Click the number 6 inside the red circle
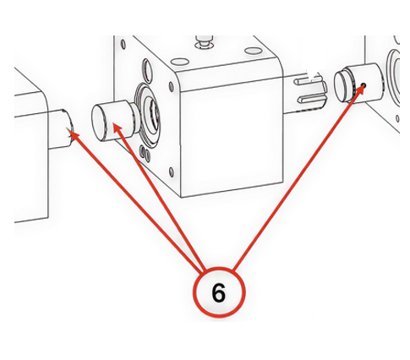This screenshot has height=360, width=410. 219,292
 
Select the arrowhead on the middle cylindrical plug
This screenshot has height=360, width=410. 118,128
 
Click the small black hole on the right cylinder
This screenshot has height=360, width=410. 364,85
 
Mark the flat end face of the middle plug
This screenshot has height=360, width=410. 99,123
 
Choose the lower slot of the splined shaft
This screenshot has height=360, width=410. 311,99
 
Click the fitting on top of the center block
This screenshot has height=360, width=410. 205,41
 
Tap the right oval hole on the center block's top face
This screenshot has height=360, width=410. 254,51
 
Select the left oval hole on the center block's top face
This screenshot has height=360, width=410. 179,61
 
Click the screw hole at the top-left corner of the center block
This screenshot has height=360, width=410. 123,45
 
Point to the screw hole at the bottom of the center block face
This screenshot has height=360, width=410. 172,172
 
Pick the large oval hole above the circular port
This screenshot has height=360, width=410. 147,69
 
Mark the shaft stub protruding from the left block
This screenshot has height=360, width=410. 61,129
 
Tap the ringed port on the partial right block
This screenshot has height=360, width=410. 393,76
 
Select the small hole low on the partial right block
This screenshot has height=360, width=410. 397,118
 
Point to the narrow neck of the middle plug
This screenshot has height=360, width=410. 136,117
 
